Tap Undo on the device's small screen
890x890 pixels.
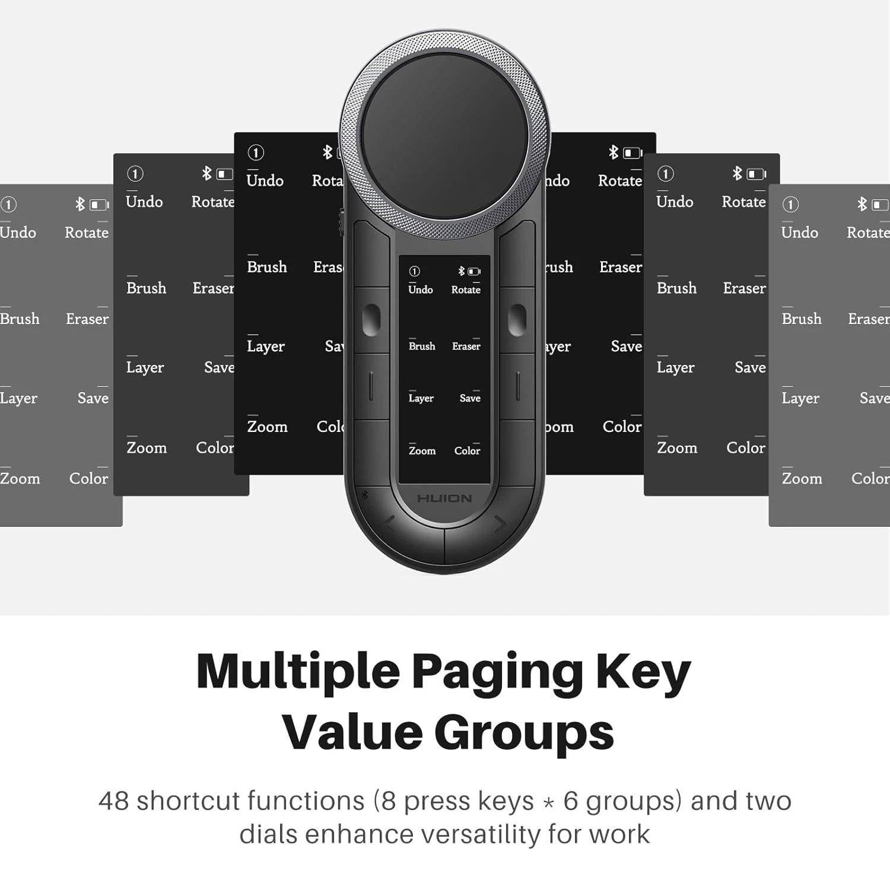click(420, 290)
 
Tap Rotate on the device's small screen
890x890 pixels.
click(466, 290)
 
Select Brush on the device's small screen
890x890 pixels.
click(422, 346)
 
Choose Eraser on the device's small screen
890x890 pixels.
click(466, 346)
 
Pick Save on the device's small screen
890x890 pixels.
click(470, 398)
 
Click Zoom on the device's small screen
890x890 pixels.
click(422, 451)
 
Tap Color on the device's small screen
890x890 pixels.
click(467, 451)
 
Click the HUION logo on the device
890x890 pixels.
click(444, 498)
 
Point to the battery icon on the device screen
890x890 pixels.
click(474, 271)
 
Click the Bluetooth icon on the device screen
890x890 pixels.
click(461, 271)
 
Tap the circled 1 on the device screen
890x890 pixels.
click(414, 271)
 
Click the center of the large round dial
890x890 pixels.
click(445, 136)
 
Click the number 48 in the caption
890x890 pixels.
click(113, 801)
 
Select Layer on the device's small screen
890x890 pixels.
click(421, 398)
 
